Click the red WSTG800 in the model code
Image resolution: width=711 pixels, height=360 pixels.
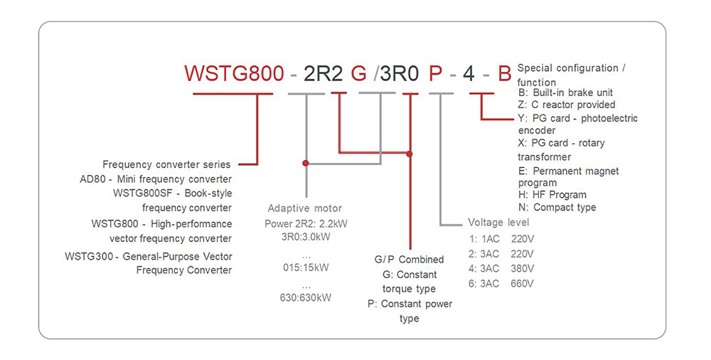coord(234,74)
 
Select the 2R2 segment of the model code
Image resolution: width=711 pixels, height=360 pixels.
coord(324,74)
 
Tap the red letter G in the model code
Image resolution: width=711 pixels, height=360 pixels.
coord(360,74)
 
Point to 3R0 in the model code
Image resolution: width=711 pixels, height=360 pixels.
coord(399,74)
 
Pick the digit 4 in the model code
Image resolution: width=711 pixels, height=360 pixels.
coord(469,74)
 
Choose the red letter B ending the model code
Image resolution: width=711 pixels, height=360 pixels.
coord(503,74)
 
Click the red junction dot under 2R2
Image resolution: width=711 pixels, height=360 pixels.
coord(306,163)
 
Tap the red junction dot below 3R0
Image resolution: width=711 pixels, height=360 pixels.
coord(410,152)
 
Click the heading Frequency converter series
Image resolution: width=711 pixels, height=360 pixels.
coord(167,164)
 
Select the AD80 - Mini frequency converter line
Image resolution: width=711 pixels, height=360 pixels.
coord(156,179)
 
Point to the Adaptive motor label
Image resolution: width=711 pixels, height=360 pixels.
coord(304,208)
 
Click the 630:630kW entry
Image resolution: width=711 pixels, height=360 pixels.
coord(306,297)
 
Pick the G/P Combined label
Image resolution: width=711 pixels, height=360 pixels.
coord(409,260)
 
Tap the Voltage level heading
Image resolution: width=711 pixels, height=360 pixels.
coord(498,222)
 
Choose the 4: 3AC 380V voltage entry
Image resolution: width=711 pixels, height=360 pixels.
coord(501,268)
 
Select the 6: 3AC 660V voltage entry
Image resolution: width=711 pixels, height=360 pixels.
coord(501,283)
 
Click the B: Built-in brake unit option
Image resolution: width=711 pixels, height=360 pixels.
coord(565,92)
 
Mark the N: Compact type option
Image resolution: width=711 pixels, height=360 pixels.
coord(557,207)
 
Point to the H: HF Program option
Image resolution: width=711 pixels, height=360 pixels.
coord(552,194)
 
